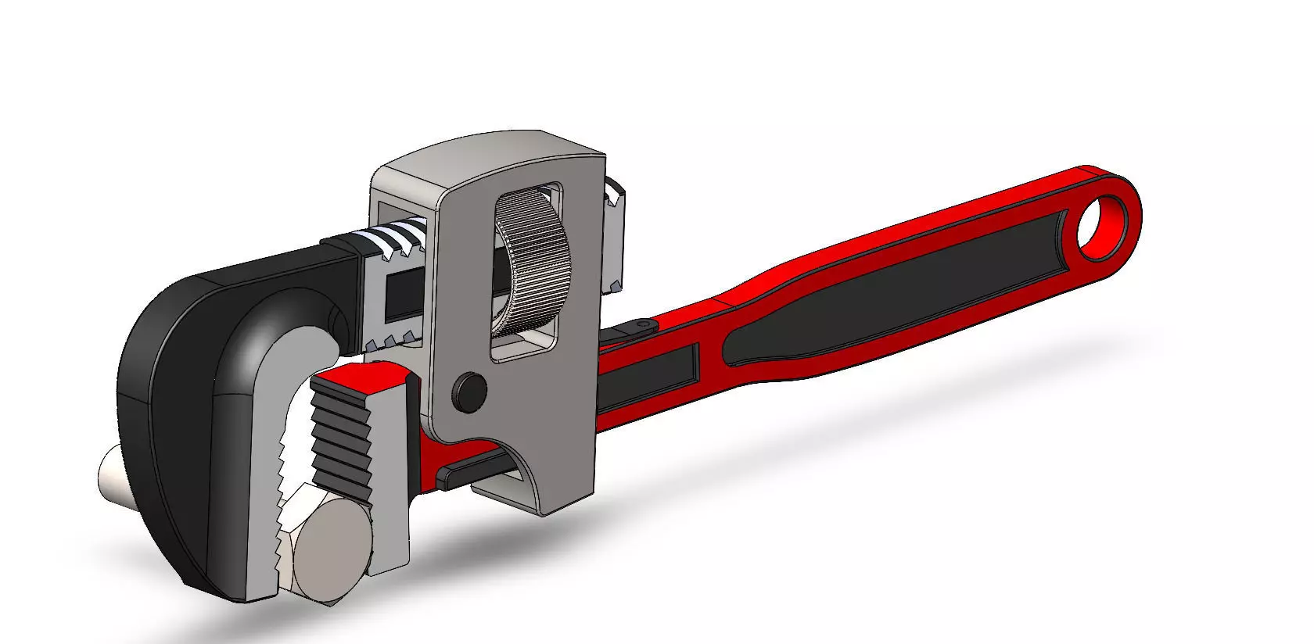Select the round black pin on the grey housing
(x=470, y=388)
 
